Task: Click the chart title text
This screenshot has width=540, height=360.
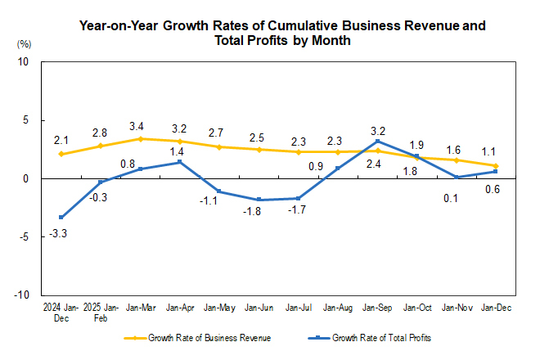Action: click(281, 33)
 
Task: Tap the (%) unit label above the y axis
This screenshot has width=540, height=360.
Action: click(24, 43)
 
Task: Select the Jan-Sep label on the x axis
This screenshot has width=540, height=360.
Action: click(376, 308)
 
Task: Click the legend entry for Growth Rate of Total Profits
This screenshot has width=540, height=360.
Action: click(376, 337)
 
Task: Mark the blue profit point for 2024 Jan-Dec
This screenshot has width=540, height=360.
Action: click(61, 217)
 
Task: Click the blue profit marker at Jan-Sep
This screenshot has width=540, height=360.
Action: click(377, 142)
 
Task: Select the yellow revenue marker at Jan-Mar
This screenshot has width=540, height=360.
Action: click(140, 139)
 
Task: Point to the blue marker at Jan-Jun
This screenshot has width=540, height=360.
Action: click(259, 200)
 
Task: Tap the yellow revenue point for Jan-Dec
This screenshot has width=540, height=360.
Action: click(496, 166)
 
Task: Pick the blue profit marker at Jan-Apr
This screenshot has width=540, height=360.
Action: click(179, 162)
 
